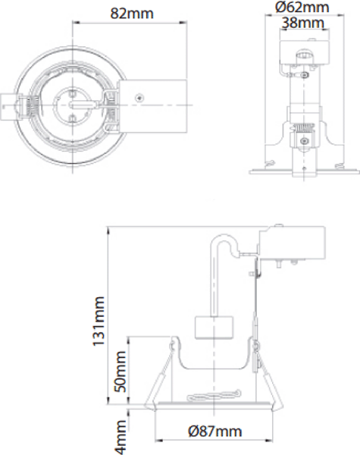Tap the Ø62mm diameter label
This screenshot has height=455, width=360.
[x=302, y=7]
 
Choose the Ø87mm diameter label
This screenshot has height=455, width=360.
[x=214, y=431]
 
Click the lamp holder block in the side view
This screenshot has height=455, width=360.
[x=212, y=328]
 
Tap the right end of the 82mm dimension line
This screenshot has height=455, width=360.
[x=186, y=24]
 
